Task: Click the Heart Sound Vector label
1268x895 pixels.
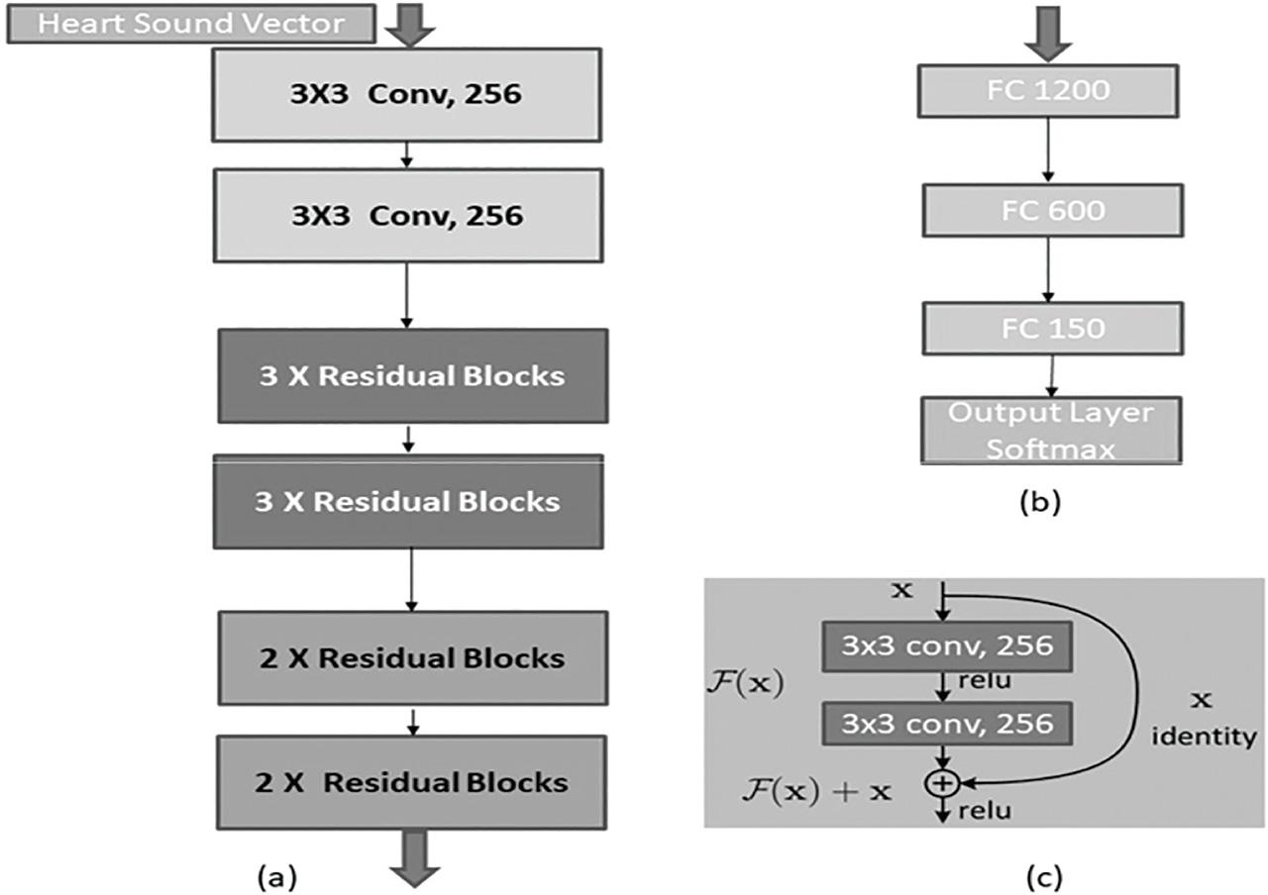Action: pos(190,24)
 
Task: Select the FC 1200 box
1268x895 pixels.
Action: pos(1048,92)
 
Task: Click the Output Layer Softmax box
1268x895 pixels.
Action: pos(1052,430)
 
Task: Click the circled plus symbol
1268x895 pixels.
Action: pos(941,783)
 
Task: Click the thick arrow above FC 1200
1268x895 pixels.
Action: pos(1047,32)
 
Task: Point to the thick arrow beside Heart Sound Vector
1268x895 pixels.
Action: pos(409,24)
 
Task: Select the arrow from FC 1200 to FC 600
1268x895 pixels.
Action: pos(1047,151)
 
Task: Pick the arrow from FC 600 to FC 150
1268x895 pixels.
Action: pos(1050,270)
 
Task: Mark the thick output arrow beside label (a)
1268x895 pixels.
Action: pos(414,857)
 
